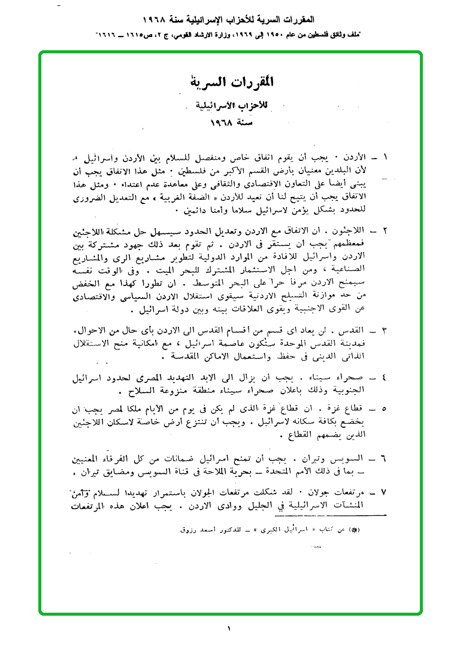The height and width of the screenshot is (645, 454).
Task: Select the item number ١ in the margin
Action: click(x=385, y=157)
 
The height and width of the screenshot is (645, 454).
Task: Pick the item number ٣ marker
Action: click(x=385, y=330)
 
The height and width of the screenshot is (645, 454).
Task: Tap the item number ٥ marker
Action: click(x=385, y=410)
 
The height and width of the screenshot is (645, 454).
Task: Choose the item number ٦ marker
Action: click(x=385, y=459)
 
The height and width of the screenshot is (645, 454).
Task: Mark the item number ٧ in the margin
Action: click(x=385, y=492)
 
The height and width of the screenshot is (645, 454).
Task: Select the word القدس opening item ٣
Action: click(x=359, y=330)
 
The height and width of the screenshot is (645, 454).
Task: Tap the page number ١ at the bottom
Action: click(x=229, y=628)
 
